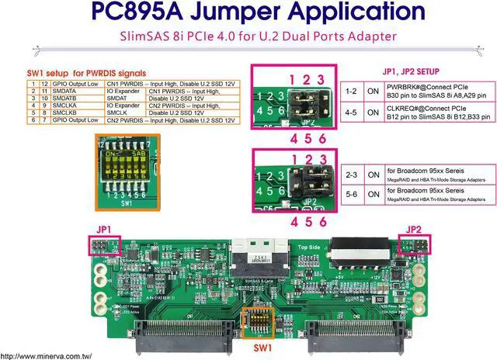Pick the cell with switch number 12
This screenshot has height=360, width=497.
click(44, 83)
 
